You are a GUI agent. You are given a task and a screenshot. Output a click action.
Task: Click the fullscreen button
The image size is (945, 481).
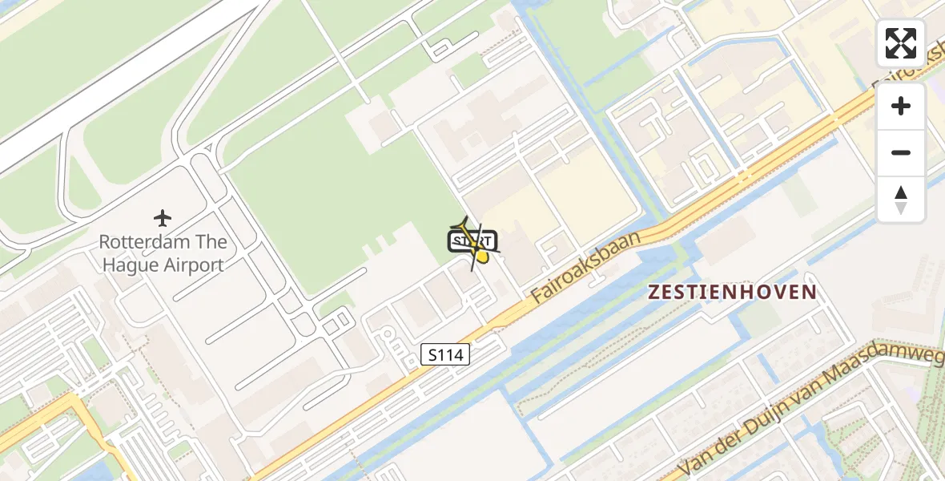coord(901,43)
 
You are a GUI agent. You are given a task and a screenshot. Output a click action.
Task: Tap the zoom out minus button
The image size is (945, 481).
coord(901,152)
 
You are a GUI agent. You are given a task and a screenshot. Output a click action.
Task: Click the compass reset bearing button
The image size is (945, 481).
coord(901,200)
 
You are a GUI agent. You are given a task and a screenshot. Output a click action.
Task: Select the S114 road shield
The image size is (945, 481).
coord(445,354)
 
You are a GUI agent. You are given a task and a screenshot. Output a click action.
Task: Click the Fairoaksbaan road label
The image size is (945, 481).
coord(585,268)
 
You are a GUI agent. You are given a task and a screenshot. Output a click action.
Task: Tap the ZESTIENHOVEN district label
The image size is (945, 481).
coord(732,293)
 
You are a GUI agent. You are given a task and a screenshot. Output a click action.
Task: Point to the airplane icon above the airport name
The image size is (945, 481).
coord(163,217)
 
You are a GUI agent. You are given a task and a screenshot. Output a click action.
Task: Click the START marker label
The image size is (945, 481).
coord(472,240)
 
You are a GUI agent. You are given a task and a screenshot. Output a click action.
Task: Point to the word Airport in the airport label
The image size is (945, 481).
coord(194,265)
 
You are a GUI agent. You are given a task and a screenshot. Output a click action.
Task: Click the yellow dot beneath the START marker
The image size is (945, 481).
coord(482,257)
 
